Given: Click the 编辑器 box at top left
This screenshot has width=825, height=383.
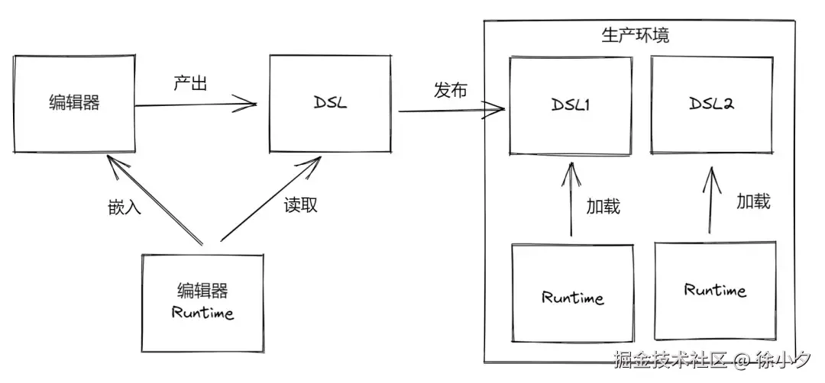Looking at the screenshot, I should [74, 104].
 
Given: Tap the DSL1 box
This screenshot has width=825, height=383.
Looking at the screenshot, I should [571, 105].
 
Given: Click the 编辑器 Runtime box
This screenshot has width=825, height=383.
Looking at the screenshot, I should [202, 302].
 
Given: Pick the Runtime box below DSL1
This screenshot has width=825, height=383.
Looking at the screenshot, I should [572, 297].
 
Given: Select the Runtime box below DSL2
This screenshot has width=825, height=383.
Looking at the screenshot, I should [715, 291].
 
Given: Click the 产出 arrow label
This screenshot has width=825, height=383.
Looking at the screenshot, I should [191, 83].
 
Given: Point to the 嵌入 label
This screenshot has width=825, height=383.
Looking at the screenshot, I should [125, 207].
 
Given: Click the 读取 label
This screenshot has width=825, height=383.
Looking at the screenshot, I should [300, 204].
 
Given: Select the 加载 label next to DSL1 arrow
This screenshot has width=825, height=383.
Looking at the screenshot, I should [603, 206].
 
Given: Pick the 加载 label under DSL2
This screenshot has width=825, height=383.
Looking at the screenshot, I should [752, 201].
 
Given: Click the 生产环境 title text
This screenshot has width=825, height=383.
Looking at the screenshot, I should [636, 35].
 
